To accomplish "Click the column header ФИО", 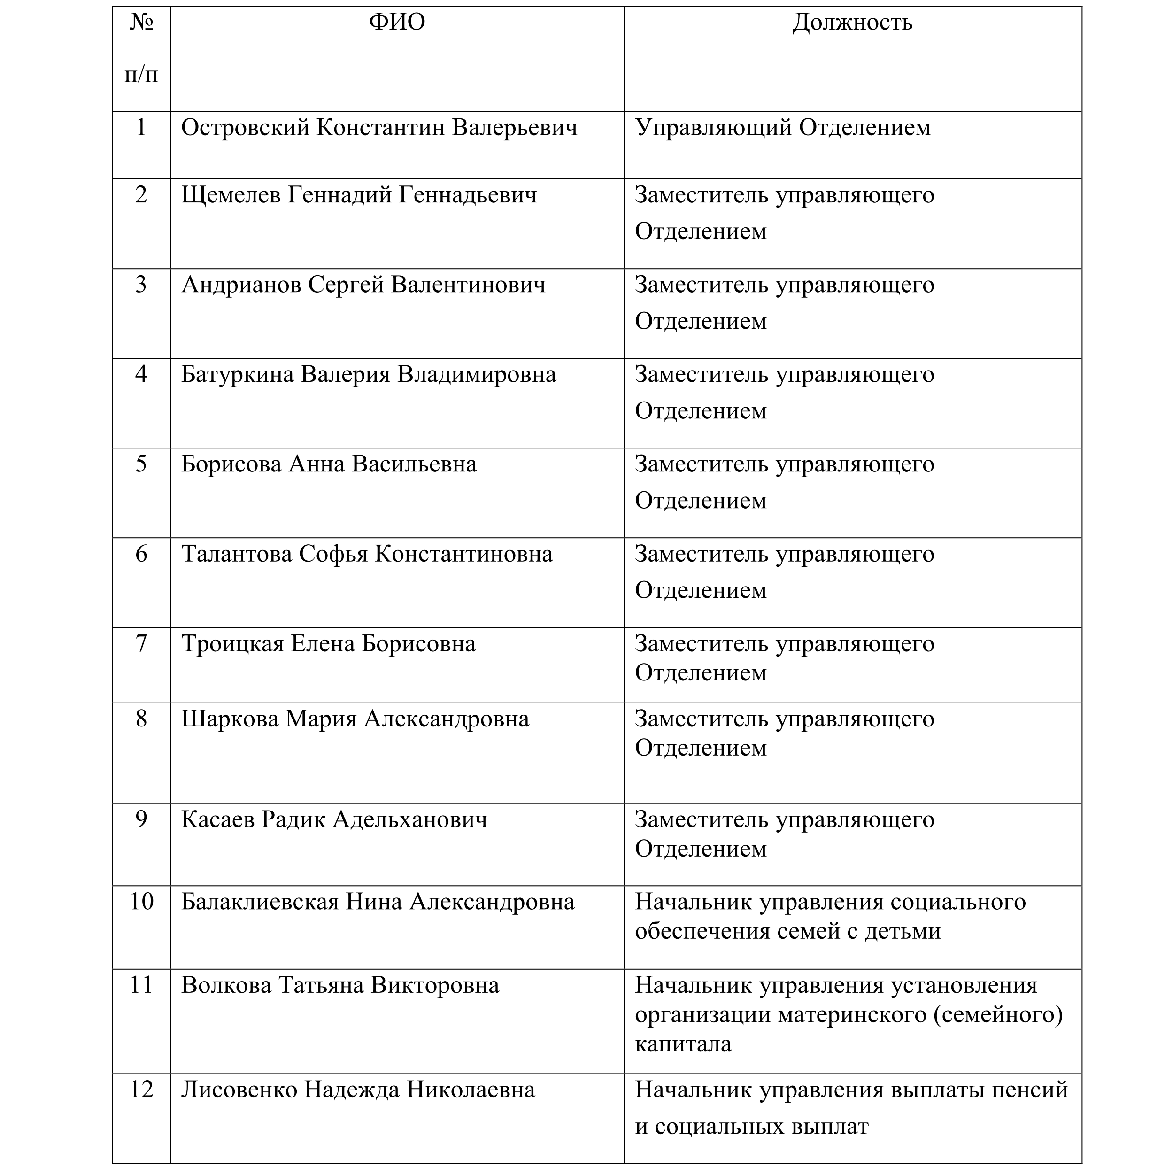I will point(397,23).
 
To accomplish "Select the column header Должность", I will point(852,23).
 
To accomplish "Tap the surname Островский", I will point(245,128).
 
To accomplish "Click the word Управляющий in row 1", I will point(713,128).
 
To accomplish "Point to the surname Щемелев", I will point(231,195).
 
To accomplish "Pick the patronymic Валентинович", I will point(468,285).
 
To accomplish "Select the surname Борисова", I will point(231,464).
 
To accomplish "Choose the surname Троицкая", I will point(232,644).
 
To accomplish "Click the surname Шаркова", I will point(230,719).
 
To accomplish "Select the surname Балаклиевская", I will point(260,902).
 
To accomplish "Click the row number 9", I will point(141,819).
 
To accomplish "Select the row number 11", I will point(141,985).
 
